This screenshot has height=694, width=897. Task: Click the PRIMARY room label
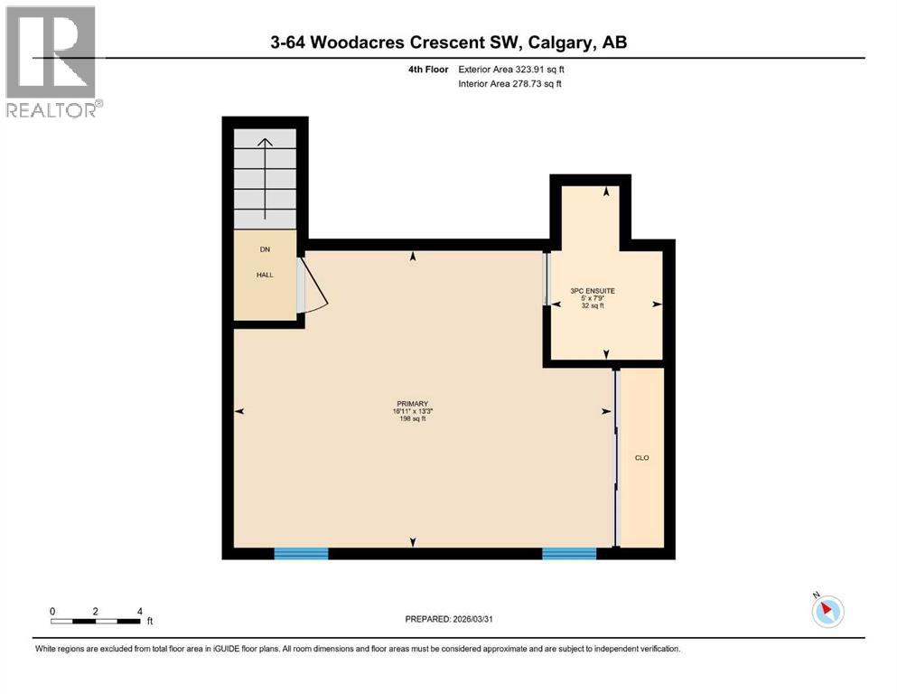(x=411, y=404)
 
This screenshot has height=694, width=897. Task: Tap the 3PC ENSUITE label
(x=593, y=291)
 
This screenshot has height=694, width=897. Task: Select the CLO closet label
(x=642, y=458)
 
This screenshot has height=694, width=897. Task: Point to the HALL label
(x=264, y=275)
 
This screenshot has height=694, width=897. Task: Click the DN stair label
(x=265, y=249)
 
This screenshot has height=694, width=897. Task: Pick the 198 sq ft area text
(x=411, y=419)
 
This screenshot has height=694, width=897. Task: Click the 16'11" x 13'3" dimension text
(x=411, y=412)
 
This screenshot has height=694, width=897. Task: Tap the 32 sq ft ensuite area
(x=593, y=305)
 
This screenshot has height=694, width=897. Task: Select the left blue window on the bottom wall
(x=301, y=553)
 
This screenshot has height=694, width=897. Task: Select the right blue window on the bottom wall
(x=569, y=553)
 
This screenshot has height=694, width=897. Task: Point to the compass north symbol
(x=827, y=611)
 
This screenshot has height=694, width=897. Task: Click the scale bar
(x=96, y=621)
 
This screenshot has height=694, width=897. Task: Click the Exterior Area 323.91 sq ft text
(x=513, y=69)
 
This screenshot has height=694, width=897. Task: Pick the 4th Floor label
(x=426, y=69)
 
